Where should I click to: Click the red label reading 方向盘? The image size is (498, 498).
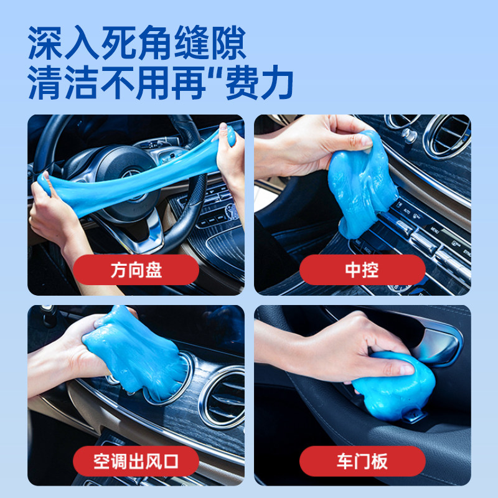(x=136, y=271)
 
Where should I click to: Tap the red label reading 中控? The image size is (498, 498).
(x=362, y=271)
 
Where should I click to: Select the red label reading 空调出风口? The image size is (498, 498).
(x=136, y=461)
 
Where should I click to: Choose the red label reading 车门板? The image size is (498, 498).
(x=362, y=461)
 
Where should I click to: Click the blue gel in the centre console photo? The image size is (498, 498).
(x=361, y=181)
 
